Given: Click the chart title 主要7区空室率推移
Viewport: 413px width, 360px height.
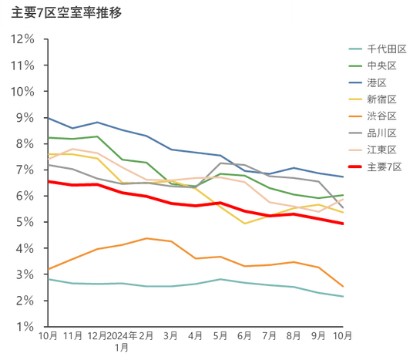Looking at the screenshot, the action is (66, 12).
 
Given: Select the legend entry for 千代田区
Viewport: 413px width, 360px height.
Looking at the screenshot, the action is (378, 49).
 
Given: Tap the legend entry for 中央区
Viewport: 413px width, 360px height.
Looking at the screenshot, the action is (373, 66).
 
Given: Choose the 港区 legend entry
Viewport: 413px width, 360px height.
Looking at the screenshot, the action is (368, 82).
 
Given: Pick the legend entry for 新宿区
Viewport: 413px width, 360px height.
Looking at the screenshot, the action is (373, 99).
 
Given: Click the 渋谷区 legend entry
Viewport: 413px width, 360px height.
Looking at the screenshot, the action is (373, 116).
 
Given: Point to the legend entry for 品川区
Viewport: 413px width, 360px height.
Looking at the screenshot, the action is (373, 133).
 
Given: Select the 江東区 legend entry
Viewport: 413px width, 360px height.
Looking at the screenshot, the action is (373, 150).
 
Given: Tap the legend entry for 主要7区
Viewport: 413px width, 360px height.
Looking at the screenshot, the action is (375, 167).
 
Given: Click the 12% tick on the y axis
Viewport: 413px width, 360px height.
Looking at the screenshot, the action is (22, 39).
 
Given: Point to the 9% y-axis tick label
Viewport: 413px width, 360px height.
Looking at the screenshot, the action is (25, 117).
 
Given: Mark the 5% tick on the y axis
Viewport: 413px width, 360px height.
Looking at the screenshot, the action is (25, 222).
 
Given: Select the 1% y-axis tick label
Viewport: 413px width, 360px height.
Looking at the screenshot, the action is (25, 327).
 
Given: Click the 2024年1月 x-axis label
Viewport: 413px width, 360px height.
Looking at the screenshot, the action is (122, 341).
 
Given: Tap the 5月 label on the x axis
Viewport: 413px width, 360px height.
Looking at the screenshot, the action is (220, 336).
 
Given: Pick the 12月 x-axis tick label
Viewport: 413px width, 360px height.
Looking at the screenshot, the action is (97, 336).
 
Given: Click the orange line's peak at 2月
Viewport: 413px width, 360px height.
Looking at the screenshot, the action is (146, 238).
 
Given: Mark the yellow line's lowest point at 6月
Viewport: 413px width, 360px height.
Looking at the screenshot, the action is (245, 224).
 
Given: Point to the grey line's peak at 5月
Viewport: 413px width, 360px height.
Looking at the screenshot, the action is (220, 163).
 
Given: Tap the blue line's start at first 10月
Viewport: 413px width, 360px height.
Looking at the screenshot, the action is (49, 118).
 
